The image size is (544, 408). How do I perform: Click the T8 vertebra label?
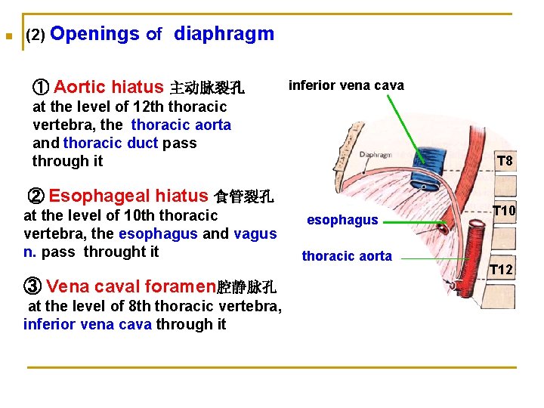(x=505, y=161)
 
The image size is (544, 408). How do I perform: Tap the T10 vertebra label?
(x=504, y=211)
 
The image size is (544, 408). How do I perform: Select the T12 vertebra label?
(x=501, y=269)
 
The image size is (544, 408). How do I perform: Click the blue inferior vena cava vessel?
(x=421, y=181)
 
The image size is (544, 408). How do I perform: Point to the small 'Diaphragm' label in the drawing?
(x=376, y=155)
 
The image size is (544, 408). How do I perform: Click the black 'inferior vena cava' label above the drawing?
(x=346, y=85)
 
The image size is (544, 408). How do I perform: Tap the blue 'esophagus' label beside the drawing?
(x=342, y=220)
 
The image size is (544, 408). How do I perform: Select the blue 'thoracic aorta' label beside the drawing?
(x=347, y=256)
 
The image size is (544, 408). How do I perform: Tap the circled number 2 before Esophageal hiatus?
(x=36, y=197)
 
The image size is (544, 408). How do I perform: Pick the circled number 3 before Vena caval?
(x=32, y=286)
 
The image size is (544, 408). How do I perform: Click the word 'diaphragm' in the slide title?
(x=224, y=34)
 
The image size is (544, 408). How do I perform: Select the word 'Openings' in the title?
(x=95, y=34)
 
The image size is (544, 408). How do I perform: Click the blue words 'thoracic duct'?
(x=111, y=143)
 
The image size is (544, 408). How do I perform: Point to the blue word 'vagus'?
(x=255, y=233)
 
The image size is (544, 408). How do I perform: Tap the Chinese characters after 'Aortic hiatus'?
(x=207, y=88)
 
